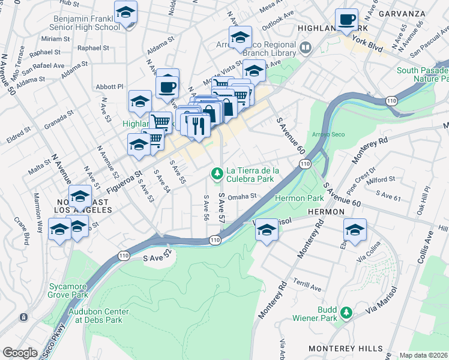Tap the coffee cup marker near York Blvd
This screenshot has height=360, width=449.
[346, 20]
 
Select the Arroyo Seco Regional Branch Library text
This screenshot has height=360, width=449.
[263, 49]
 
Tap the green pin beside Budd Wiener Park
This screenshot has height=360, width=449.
[346, 313]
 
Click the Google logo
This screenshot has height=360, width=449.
[20, 353]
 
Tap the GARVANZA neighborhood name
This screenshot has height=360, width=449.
[406, 13]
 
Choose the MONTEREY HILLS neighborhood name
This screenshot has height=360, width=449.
[345, 348]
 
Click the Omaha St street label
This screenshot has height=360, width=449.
[243, 196]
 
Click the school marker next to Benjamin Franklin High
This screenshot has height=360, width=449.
[126, 13]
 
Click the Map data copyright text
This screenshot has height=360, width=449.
[424, 355]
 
